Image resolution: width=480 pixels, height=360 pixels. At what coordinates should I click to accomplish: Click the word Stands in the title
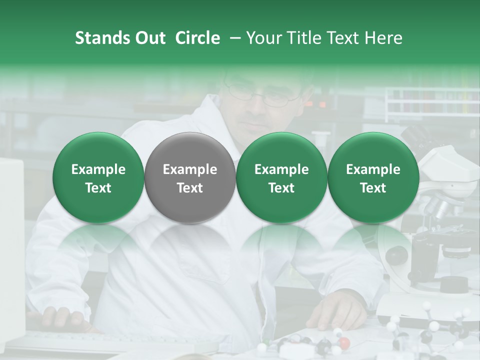click(x=102, y=38)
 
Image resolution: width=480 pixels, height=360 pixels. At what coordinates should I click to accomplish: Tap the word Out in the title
click(x=150, y=38)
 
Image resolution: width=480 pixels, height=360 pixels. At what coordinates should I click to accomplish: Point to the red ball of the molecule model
click(x=344, y=342)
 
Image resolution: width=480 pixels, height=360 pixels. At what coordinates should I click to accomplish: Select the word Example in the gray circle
click(x=190, y=169)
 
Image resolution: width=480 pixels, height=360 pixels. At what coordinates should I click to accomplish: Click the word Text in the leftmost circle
click(x=98, y=188)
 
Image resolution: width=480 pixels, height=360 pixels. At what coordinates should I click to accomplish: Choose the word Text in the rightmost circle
click(x=373, y=188)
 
